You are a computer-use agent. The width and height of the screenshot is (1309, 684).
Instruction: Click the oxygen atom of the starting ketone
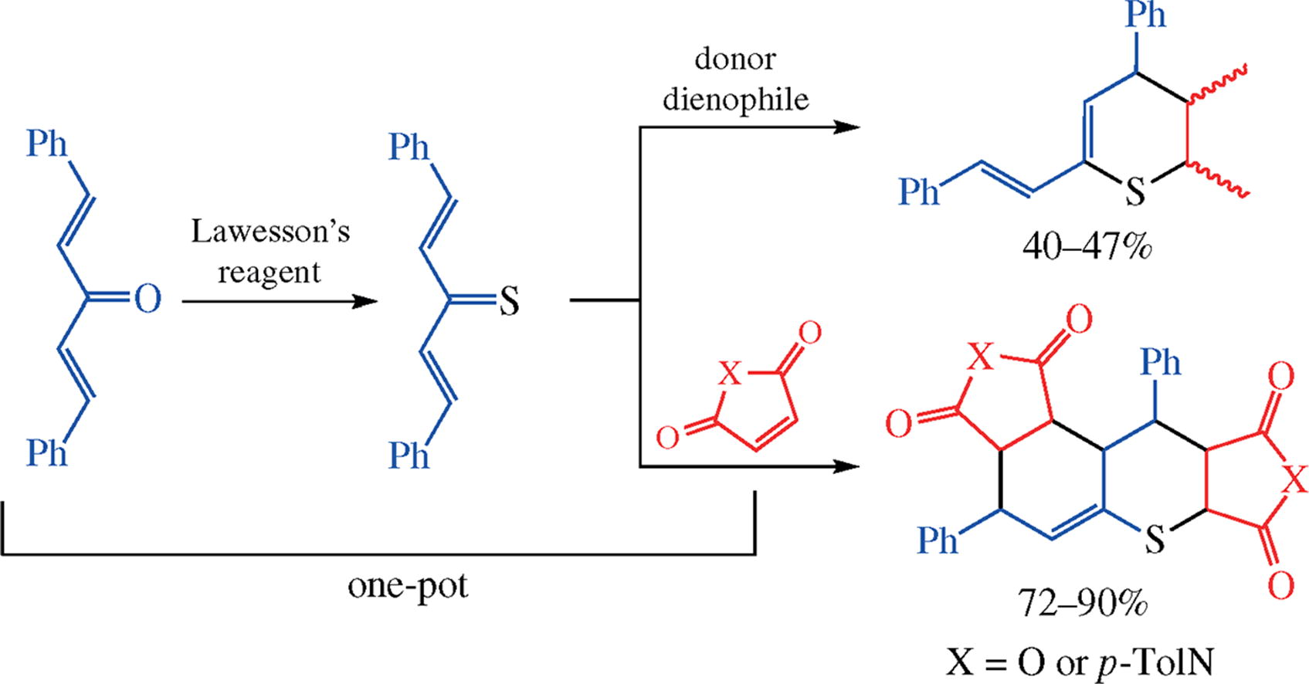click(x=147, y=299)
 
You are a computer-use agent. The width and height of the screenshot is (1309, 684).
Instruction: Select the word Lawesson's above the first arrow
click(x=270, y=232)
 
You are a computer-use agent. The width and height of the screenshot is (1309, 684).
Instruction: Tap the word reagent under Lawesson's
click(x=268, y=273)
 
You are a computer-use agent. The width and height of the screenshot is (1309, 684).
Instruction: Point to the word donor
click(x=734, y=59)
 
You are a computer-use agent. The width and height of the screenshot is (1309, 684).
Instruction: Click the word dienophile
click(x=735, y=100)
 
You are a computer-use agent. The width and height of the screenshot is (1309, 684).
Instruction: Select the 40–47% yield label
click(x=1087, y=247)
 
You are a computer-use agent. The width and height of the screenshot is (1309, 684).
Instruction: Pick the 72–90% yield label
click(x=1083, y=603)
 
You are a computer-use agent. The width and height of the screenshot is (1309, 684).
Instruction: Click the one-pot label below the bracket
click(x=408, y=587)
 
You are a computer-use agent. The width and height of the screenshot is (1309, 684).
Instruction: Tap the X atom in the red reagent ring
click(x=729, y=376)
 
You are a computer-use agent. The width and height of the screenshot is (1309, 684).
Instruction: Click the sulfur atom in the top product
click(x=1134, y=191)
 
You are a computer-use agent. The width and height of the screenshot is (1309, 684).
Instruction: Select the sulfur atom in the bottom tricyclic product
click(x=1154, y=540)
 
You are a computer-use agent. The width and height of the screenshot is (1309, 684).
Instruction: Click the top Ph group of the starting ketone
click(x=47, y=144)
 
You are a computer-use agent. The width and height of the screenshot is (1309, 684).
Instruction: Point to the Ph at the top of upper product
click(x=1145, y=15)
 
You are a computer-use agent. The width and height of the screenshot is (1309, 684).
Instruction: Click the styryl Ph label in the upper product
click(x=919, y=191)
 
